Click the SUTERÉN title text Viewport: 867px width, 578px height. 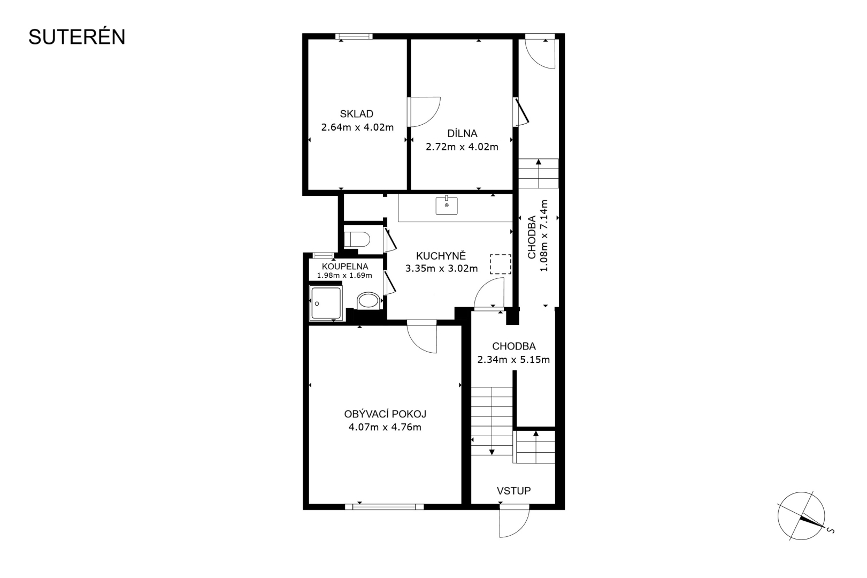pyautogui.click(x=76, y=37)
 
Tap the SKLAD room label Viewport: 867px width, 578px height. pyautogui.click(x=356, y=114)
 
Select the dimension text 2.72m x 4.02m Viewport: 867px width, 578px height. pyautogui.click(x=462, y=147)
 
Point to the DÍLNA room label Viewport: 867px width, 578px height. pyautogui.click(x=462, y=133)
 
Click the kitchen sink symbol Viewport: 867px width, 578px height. pyautogui.click(x=446, y=206)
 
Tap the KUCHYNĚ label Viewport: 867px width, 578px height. pyautogui.click(x=441, y=256)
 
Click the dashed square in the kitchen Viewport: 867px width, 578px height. pyautogui.click(x=501, y=264)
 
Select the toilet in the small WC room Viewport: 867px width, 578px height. pyautogui.click(x=357, y=239)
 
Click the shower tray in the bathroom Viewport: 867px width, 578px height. pyautogui.click(x=326, y=303)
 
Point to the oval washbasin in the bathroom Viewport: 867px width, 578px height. pyautogui.click(x=367, y=301)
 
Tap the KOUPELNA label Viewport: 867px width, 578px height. pyautogui.click(x=345, y=267)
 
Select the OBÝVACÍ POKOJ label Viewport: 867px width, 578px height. pyautogui.click(x=385, y=414)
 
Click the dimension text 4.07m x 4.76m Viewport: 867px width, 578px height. pyautogui.click(x=385, y=427)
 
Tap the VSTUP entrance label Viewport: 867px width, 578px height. pyautogui.click(x=513, y=491)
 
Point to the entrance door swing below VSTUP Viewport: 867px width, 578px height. pyautogui.click(x=514, y=521)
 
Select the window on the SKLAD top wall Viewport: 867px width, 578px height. pyautogui.click(x=354, y=36)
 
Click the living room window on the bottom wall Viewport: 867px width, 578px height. pyautogui.click(x=385, y=507)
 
